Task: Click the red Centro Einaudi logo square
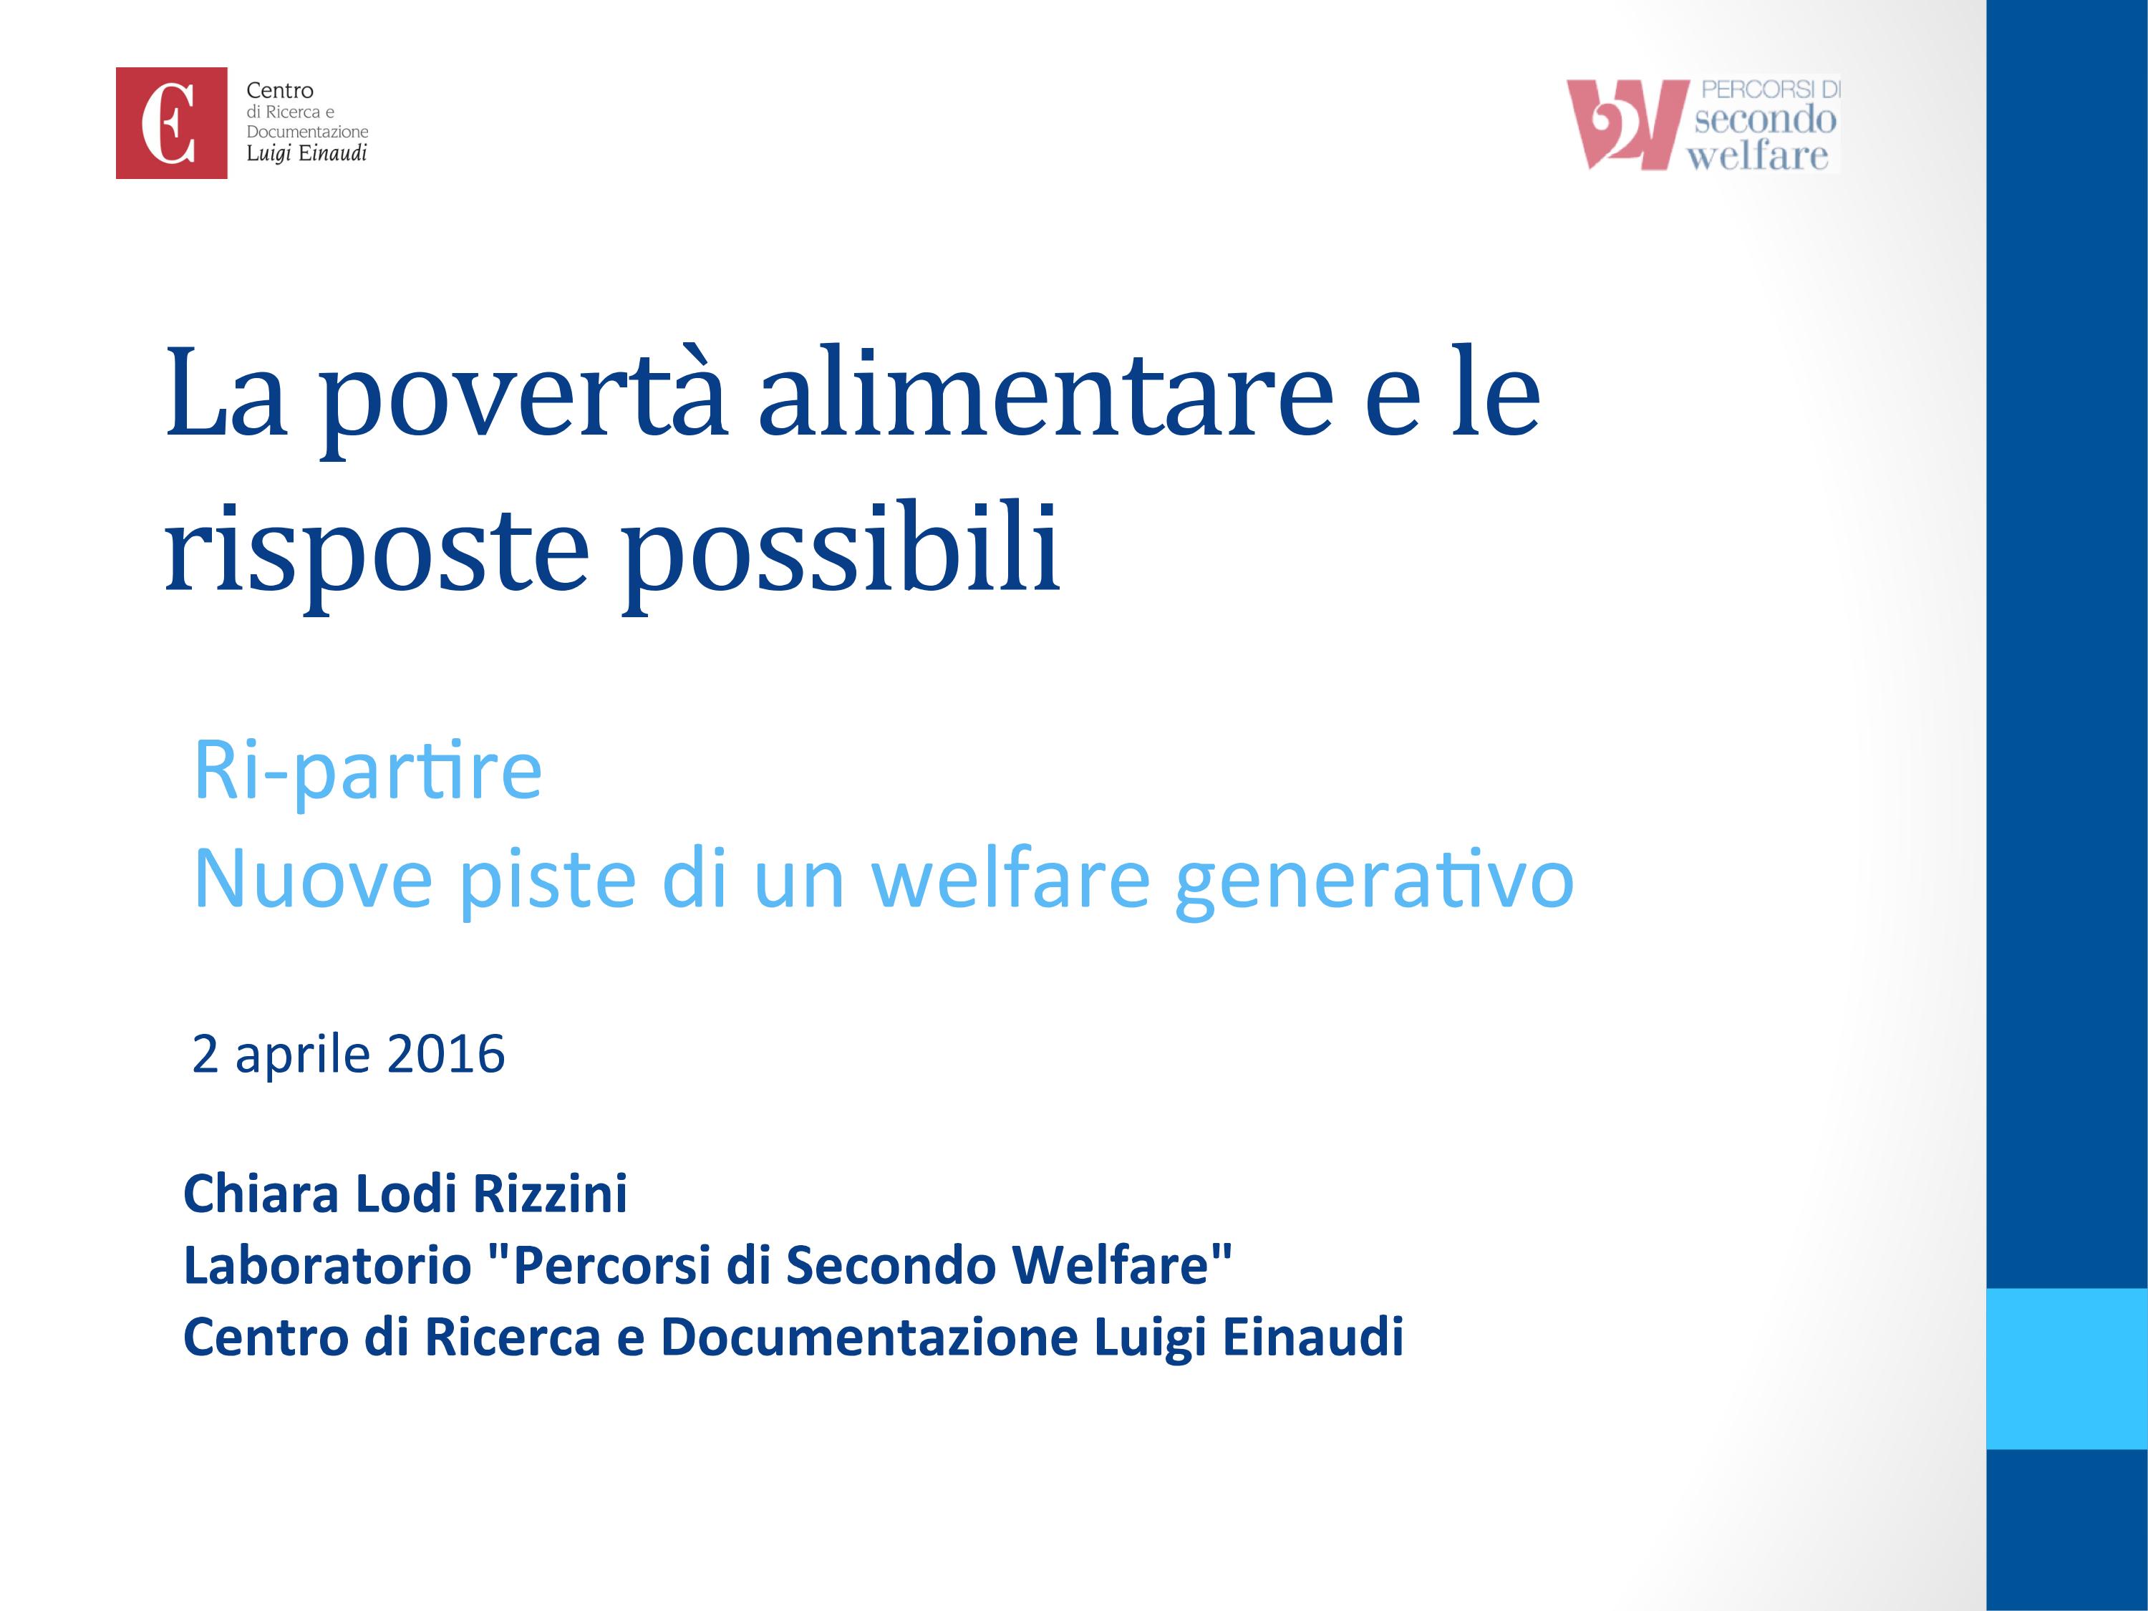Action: [171, 122]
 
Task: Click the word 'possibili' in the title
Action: [840, 548]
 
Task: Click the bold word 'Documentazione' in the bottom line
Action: [869, 1337]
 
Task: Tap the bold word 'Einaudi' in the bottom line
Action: [1313, 1337]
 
